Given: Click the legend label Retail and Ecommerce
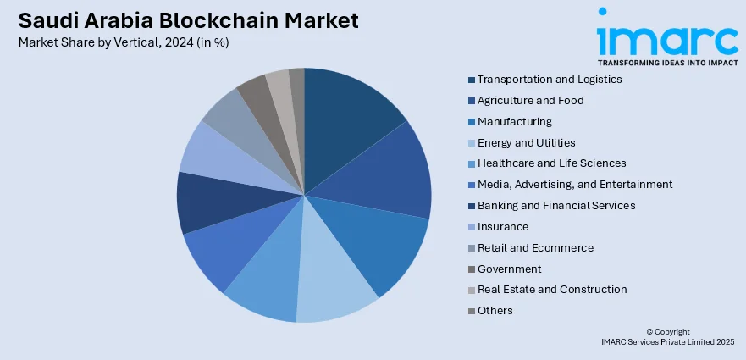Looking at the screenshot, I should coord(535,247).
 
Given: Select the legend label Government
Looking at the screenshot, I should coord(509,269).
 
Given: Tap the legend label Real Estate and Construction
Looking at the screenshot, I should coord(552,290).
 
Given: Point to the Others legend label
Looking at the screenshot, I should coord(495,311).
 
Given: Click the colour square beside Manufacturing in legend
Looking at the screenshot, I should coord(471,122).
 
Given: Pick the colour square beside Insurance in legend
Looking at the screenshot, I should coord(471,227).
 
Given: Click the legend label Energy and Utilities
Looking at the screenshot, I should coord(526,142).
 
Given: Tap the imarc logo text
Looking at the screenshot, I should coord(667,38).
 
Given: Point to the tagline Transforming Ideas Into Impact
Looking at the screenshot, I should coord(667,63).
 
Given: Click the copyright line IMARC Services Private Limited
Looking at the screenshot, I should coord(667,341).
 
